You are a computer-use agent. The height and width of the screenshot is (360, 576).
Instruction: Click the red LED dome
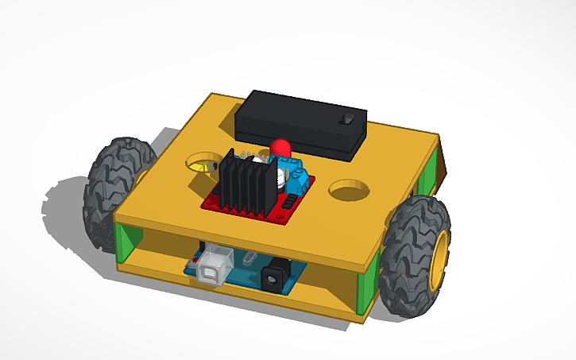pyautogui.click(x=280, y=148)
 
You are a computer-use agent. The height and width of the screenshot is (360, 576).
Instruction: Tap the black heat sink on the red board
pyautogui.click(x=243, y=184)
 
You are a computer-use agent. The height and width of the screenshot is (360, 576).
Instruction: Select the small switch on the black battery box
pyautogui.click(x=347, y=119)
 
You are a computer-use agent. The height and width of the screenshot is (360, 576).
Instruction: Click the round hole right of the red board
pyautogui.click(x=349, y=190)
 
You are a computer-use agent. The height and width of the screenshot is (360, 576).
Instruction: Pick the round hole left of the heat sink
pyautogui.click(x=203, y=164)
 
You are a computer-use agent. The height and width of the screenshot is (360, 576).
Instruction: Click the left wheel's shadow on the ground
pyautogui.click(x=68, y=208)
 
